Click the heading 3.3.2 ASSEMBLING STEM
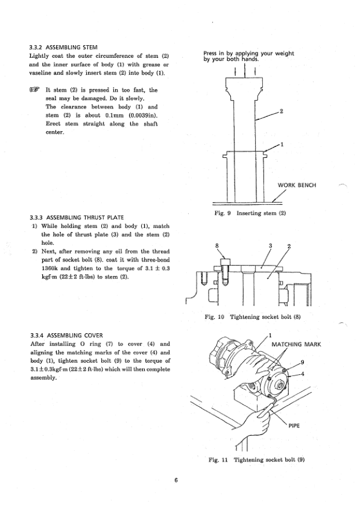[x=63, y=47]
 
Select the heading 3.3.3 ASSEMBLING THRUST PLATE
[x=77, y=218]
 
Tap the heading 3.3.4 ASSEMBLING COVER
[x=66, y=335]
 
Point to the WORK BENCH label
[x=297, y=186]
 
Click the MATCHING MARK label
[x=296, y=344]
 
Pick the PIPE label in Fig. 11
[x=294, y=425]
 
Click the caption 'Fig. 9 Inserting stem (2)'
[x=250, y=213]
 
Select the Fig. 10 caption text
[x=253, y=317]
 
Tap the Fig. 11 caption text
[x=256, y=460]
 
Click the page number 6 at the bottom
[x=176, y=480]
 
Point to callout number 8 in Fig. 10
[x=217, y=246]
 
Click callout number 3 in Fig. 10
[x=270, y=246]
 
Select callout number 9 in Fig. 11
[x=302, y=362]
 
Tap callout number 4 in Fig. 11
[x=303, y=374]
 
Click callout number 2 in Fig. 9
[x=281, y=111]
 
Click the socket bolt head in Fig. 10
[x=225, y=262]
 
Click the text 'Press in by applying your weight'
[x=249, y=54]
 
